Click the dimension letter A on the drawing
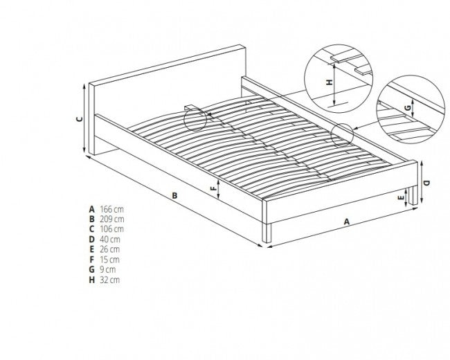click(347, 222)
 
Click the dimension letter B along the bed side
click(174, 195)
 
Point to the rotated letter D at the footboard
click(427, 183)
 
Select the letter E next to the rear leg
click(402, 197)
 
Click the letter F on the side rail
click(213, 188)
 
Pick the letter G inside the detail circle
click(408, 108)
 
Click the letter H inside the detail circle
click(330, 82)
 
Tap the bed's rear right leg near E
click(413, 195)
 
